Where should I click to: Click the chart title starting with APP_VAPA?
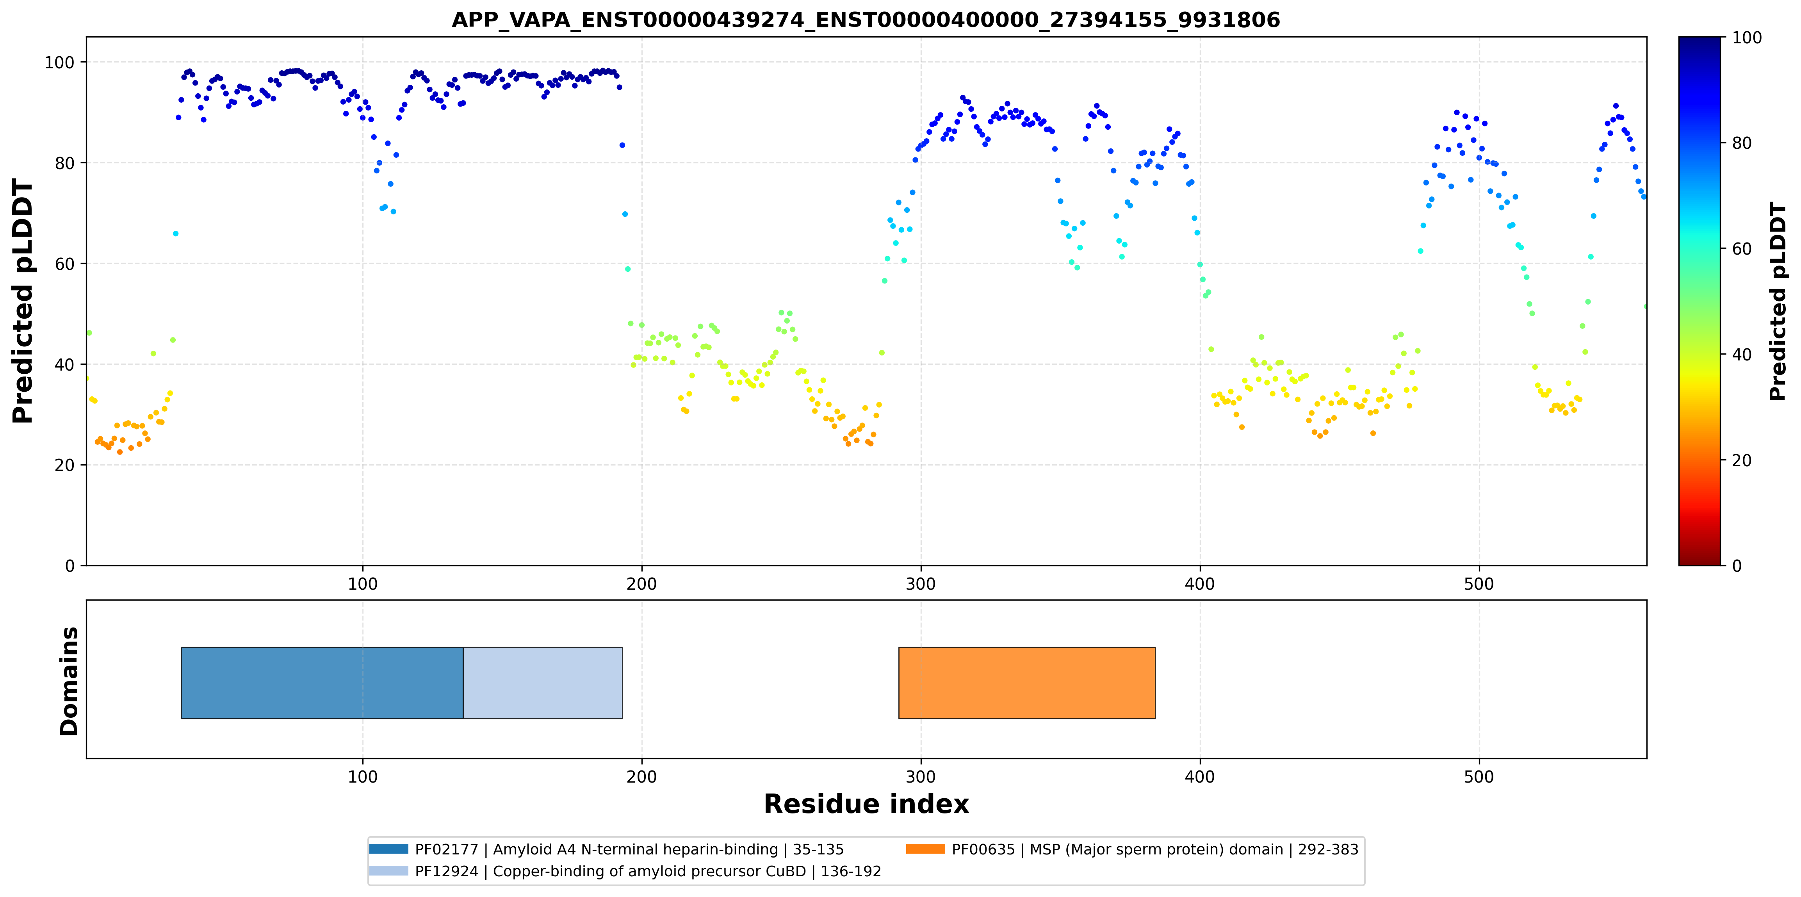[x=866, y=20]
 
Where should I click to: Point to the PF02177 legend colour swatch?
[x=389, y=849]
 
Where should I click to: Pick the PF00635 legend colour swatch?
[x=926, y=849]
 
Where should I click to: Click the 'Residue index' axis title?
[x=866, y=804]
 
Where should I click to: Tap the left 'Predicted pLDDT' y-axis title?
[x=23, y=301]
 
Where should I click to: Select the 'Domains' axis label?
[x=69, y=681]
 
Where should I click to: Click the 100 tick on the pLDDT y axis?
[x=59, y=63]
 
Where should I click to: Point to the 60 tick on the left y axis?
[x=64, y=264]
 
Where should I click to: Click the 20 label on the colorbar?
[x=1742, y=461]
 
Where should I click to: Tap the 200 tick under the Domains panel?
[x=642, y=777]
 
